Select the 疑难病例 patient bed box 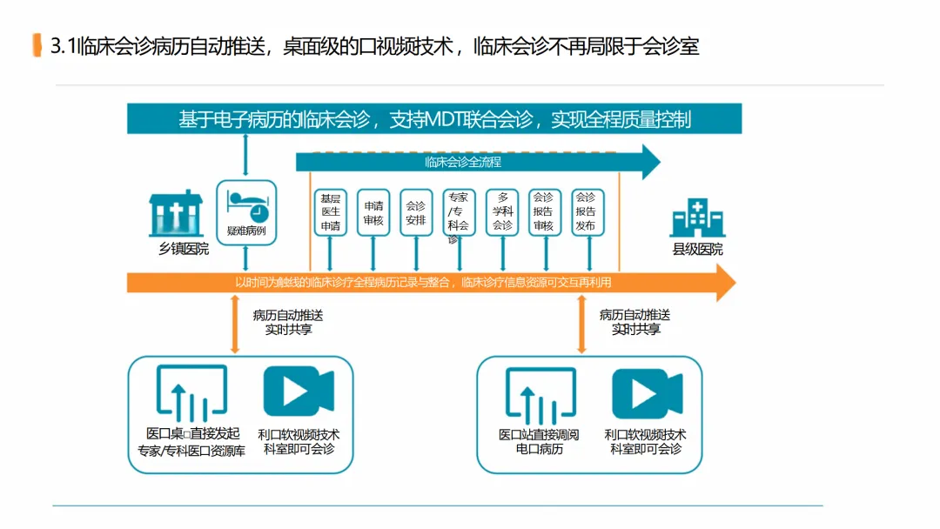tap(246, 212)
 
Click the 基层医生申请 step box tap(330, 212)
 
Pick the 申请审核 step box tap(373, 212)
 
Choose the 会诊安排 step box tap(416, 212)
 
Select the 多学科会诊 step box tap(502, 212)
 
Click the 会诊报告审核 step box tap(544, 212)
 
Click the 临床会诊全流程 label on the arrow tap(462, 162)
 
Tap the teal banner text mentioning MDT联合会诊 tap(434, 119)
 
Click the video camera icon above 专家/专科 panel tap(299, 392)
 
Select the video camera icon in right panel tap(647, 394)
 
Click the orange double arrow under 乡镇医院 tap(235, 324)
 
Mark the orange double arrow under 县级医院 tap(581, 324)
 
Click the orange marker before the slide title tap(37, 45)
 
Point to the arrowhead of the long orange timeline tap(725, 282)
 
